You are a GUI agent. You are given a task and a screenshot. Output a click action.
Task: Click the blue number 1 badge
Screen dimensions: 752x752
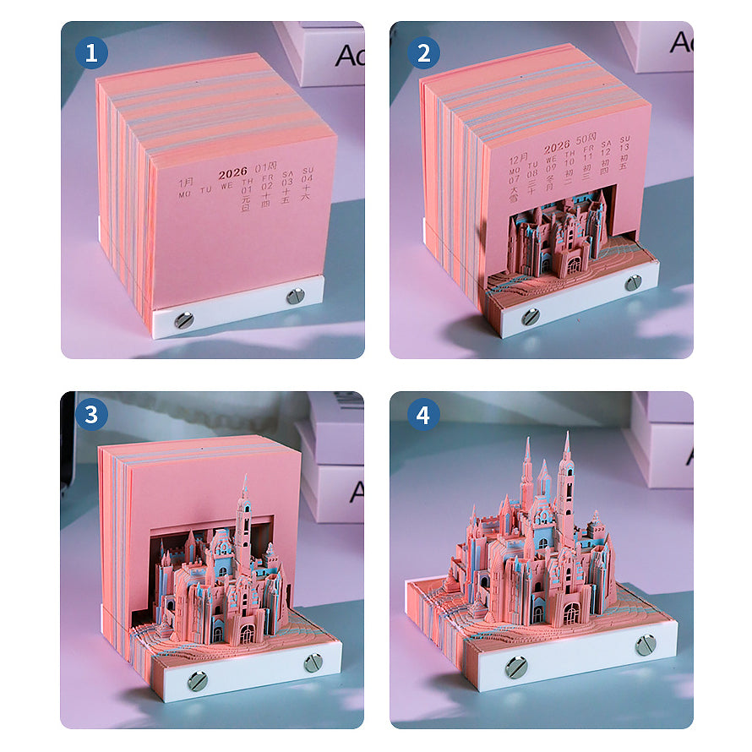[91, 53]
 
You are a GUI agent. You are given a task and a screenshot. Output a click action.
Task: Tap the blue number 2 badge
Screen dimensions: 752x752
[422, 53]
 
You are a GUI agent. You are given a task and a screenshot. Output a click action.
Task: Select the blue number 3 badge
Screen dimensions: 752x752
[91, 415]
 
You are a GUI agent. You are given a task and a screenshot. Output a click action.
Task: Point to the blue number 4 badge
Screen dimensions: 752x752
[422, 415]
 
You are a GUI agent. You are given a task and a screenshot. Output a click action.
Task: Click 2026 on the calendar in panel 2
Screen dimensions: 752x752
[557, 147]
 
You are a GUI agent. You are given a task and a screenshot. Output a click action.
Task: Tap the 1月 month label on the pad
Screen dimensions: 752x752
[185, 182]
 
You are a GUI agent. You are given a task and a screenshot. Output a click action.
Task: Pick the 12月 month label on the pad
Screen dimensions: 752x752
[518, 158]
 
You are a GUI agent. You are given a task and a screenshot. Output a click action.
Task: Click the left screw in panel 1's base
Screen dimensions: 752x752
[183, 319]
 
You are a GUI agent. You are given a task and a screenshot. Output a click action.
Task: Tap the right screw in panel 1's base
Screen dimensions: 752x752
[295, 296]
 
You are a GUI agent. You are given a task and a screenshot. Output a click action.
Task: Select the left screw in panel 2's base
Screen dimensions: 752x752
[530, 316]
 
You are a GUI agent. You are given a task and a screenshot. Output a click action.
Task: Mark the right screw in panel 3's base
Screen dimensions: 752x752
[313, 662]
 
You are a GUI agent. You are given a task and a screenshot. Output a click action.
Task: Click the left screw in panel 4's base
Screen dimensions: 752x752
[515, 668]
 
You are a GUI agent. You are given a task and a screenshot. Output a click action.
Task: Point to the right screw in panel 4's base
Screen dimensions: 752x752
[646, 645]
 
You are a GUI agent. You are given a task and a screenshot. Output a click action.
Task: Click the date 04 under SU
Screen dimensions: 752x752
[307, 178]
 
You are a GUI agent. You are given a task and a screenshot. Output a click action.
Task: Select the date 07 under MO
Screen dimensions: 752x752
[514, 178]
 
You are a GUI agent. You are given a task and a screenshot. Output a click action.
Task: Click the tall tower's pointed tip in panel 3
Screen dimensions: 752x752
[245, 478]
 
